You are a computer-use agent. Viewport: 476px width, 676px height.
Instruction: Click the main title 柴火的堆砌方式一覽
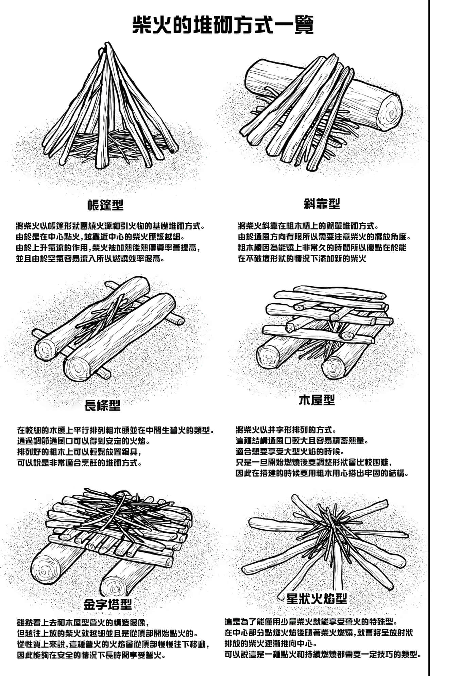[223, 25]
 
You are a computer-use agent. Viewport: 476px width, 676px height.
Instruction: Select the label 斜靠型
[322, 203]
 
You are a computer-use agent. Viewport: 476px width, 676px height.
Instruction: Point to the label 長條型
[102, 405]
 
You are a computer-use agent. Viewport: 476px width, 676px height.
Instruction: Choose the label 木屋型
[317, 400]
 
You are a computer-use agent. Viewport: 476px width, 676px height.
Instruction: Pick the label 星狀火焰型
[317, 598]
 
